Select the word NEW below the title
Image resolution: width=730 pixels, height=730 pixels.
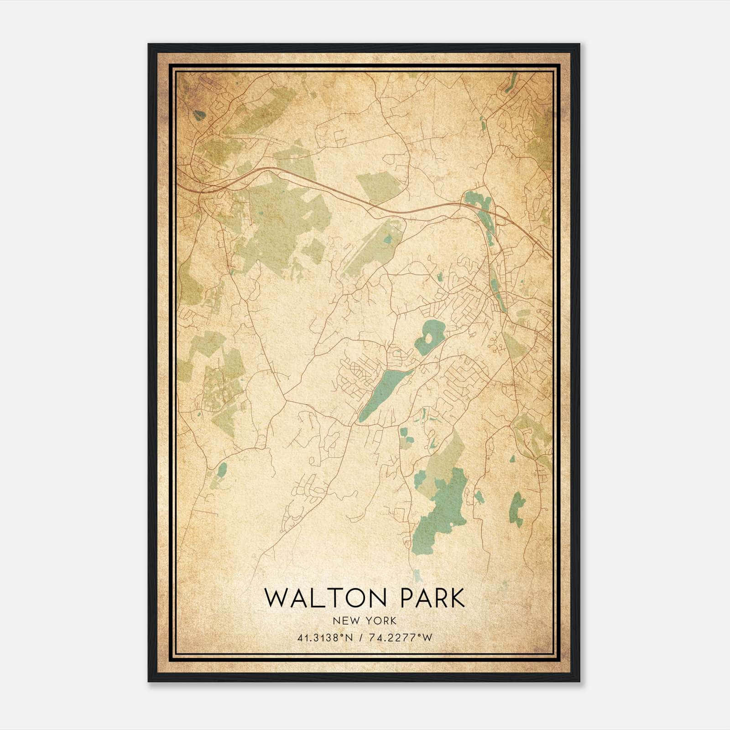click(x=345, y=620)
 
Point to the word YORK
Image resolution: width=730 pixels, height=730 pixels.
click(x=380, y=620)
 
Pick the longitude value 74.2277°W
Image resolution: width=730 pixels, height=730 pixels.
click(x=400, y=638)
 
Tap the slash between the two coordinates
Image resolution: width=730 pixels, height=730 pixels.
click(x=361, y=638)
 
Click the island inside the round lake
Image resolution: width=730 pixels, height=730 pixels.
click(x=430, y=338)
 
